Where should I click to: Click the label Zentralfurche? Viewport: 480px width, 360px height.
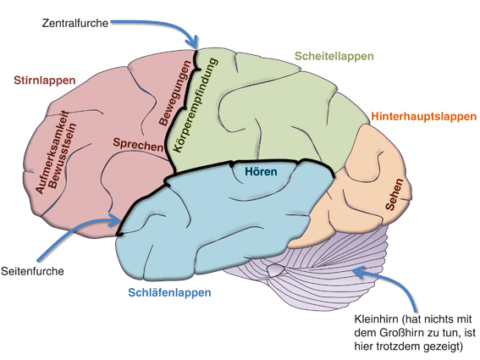coord(75,23)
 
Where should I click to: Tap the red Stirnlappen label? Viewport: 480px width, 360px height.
coord(45,80)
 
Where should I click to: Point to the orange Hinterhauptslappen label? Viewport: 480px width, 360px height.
coord(423,114)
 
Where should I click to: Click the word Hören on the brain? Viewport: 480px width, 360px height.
coord(261,173)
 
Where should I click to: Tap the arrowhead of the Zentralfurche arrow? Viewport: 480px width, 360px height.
coord(196,44)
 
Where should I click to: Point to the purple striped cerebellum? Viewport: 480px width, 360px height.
coord(313,271)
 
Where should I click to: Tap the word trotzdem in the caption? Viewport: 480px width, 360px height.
coord(396,346)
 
